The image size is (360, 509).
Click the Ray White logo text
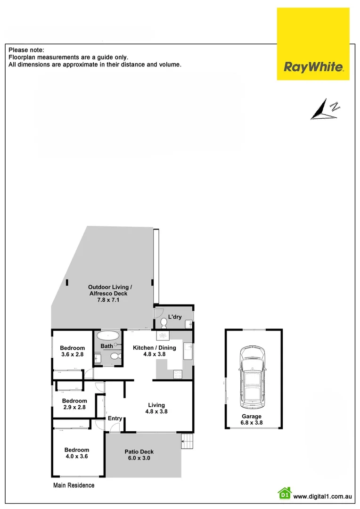[x=313, y=66]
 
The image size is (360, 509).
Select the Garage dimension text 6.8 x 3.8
[x=252, y=423]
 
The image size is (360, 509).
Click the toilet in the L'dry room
[x=163, y=323]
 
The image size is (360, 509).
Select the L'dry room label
[x=175, y=317]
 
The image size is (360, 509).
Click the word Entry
[x=115, y=419]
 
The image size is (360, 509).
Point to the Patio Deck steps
[x=188, y=442]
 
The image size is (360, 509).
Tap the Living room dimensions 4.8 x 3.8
[x=156, y=411]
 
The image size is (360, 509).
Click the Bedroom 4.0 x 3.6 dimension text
[x=76, y=456]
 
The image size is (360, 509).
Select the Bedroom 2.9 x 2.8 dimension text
[x=74, y=407]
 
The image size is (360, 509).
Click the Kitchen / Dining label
[x=154, y=348]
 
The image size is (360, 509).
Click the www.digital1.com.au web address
[x=323, y=496]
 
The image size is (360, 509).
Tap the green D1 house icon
[x=284, y=493]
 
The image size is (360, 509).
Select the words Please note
[x=26, y=49]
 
